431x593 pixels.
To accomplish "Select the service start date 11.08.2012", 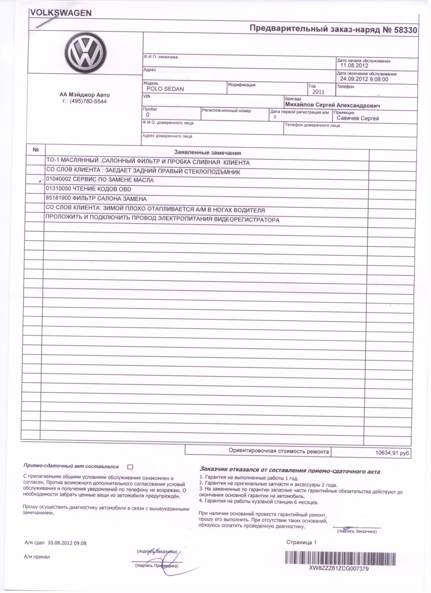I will [354, 66].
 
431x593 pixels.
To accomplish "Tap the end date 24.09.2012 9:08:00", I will [364, 79].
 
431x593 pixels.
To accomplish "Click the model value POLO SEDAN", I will [165, 89].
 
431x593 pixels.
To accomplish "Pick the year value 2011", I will [318, 92].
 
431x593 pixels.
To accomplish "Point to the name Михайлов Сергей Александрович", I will [332, 105].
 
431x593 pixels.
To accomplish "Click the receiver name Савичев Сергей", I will [357, 118].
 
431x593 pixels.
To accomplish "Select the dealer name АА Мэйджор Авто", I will [84, 95].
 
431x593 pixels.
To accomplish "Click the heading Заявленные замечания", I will [208, 153].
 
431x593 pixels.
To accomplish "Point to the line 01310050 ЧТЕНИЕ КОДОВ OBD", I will [88, 189].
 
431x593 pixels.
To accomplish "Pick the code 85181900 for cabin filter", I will [58, 199].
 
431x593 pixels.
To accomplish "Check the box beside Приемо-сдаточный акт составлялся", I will [130, 467].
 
